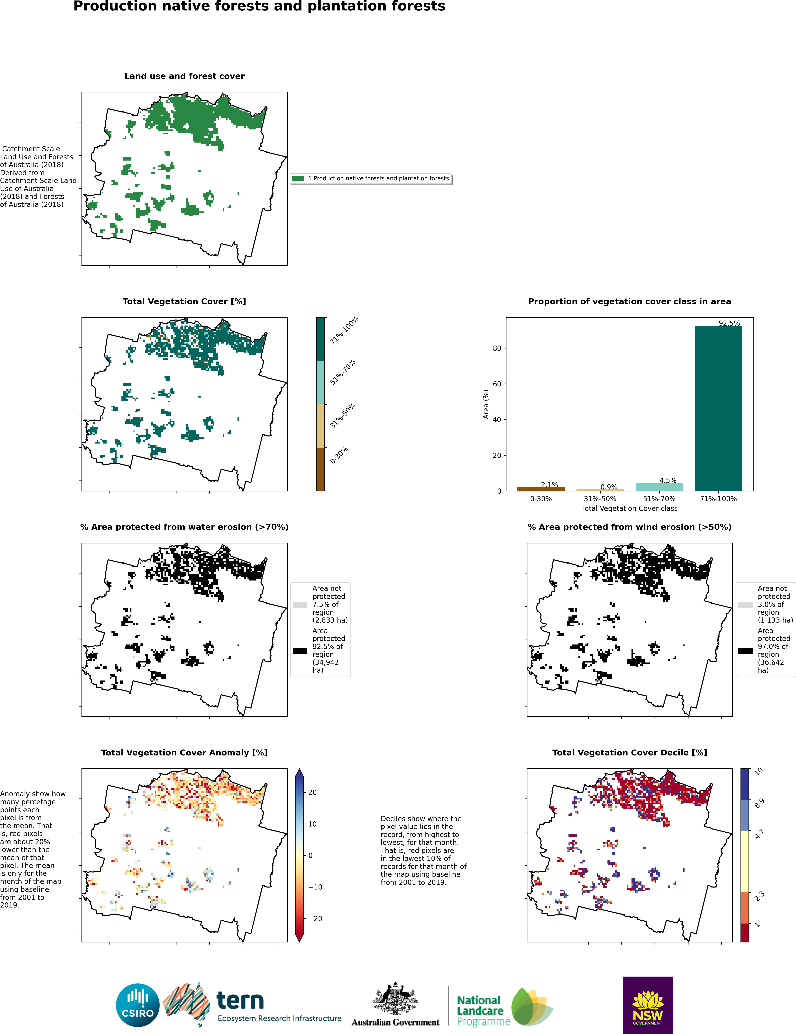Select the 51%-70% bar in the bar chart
(x=659, y=487)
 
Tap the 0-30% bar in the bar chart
(x=541, y=489)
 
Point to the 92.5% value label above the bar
(x=729, y=323)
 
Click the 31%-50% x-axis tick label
(x=600, y=499)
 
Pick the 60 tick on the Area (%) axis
(x=497, y=384)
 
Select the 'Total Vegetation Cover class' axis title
(x=629, y=508)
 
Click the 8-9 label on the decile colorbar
(x=759, y=803)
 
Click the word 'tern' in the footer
(x=240, y=1001)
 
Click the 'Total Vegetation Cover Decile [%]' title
(x=629, y=753)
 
